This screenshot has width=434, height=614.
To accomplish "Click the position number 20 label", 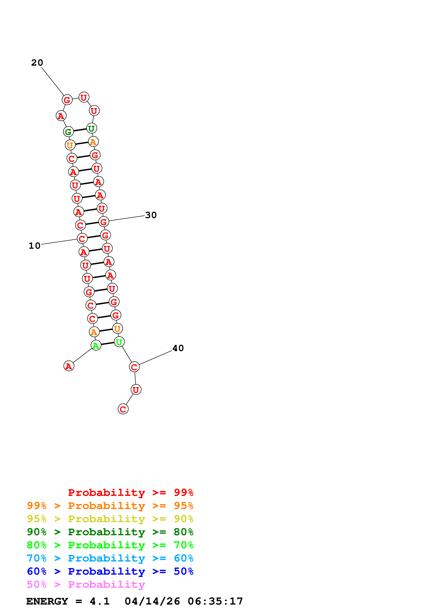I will coord(37,63).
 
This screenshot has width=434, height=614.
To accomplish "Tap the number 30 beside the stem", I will coord(151,215).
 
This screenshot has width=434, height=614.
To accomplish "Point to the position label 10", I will coord(34,246).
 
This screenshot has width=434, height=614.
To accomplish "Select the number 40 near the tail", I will coord(178,348).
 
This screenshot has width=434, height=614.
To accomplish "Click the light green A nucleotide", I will coord(96,346).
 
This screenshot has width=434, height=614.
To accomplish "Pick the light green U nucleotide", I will coord(119,342).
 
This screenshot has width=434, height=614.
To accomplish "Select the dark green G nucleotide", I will coord(68,132).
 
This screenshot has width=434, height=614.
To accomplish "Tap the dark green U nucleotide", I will coord(91,128).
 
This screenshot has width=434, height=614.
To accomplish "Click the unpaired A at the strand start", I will coord(69,366).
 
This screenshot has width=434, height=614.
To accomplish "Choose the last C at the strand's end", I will coord(123,409).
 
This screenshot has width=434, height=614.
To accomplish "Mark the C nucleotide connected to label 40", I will coord(134,367).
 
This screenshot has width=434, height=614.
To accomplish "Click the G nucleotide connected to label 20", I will coord(67,100).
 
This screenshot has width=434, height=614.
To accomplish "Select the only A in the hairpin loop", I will coord(61,116).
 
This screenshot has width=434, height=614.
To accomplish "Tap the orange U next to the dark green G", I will coord(70,145).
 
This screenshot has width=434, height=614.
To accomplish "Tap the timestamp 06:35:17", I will coord(215,601).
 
